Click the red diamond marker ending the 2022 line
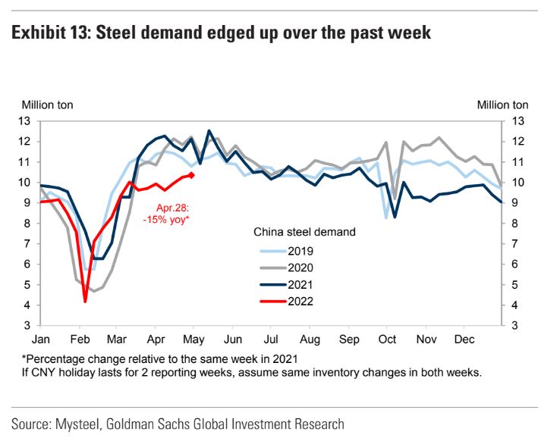(191, 175)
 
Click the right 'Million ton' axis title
(502, 105)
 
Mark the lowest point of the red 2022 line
(85, 301)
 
